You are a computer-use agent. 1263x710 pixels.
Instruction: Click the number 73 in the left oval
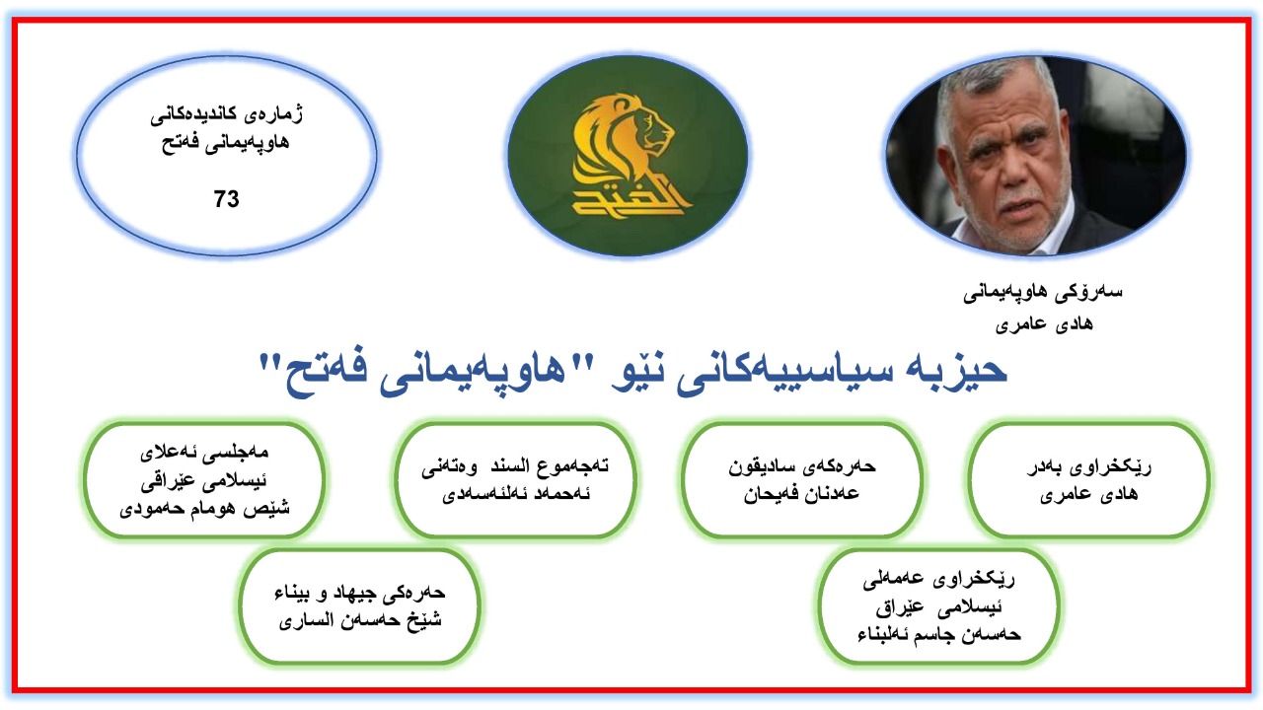pos(226,199)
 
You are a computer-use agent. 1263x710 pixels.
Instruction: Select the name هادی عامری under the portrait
pos(1044,324)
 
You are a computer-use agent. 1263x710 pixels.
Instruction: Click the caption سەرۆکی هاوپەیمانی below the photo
pos(1043,293)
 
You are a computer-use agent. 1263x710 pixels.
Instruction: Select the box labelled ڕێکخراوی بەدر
pos(1088,480)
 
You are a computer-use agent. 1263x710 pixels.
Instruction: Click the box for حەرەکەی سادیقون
pos(802,480)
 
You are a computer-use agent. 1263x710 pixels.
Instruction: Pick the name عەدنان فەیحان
pos(801,494)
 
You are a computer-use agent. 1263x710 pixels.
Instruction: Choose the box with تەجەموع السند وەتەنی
pos(515,480)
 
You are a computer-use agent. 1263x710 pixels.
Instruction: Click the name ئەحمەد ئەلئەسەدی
pos(515,494)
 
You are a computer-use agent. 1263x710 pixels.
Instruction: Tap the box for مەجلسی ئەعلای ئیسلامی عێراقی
pos(204,480)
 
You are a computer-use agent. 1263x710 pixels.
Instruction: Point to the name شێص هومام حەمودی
pos(204,509)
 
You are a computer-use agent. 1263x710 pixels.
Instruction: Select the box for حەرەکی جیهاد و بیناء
pos(360,606)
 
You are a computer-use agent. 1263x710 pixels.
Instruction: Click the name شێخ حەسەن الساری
pos(360,621)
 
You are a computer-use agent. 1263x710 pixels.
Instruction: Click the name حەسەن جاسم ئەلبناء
pos(938,635)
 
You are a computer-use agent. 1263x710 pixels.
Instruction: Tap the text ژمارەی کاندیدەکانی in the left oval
pos(227,114)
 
